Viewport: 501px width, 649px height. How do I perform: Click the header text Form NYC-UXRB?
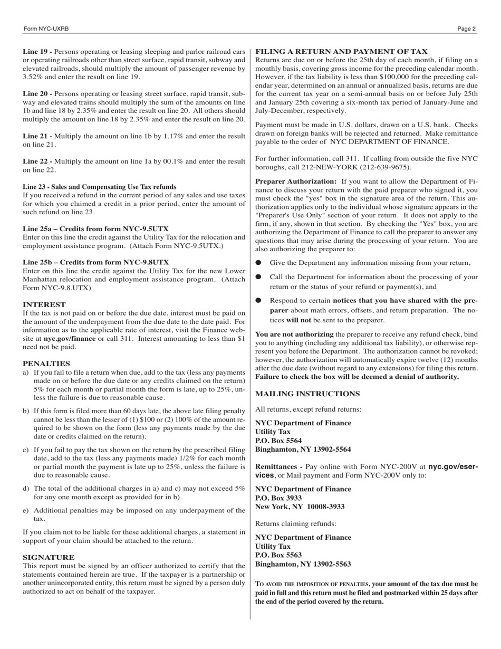(46, 29)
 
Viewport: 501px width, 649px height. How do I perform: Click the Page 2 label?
(466, 29)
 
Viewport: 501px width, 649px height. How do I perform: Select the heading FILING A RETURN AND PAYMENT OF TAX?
(341, 52)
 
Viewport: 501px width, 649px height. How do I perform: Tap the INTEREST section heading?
(44, 305)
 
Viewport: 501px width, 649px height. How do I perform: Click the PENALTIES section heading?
(46, 364)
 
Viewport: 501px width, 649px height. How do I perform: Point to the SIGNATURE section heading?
(49, 557)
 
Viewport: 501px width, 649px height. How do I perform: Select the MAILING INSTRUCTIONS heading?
(307, 394)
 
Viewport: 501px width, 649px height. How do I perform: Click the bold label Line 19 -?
(37, 52)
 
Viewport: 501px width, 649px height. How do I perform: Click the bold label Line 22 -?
(37, 161)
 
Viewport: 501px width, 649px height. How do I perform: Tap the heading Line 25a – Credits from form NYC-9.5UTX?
(95, 229)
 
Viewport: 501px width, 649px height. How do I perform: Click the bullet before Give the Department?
(258, 263)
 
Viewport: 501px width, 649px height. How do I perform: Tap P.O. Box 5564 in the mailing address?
(278, 441)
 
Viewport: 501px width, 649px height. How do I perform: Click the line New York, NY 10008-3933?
(300, 507)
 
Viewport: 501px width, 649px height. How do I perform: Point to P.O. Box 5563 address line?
(278, 556)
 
